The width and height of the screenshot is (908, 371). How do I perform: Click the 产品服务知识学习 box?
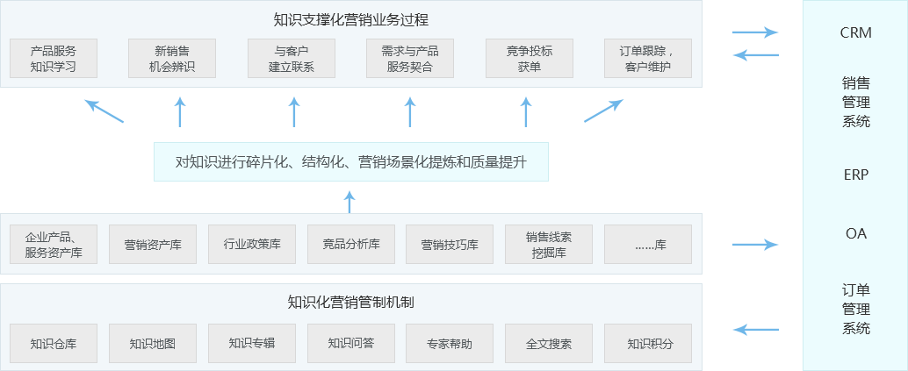[54, 59]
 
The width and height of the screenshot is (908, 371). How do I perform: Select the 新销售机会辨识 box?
[172, 59]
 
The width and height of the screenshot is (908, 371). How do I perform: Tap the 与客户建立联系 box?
[291, 59]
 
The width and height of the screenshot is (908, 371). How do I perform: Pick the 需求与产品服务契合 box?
[409, 59]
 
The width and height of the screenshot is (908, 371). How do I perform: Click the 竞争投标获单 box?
[529, 59]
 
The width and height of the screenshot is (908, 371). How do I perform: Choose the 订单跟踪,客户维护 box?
[648, 59]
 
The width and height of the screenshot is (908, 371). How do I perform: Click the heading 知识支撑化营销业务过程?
[351, 19]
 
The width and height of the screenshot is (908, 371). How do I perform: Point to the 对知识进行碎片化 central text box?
[351, 162]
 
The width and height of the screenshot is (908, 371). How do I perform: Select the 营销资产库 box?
[153, 245]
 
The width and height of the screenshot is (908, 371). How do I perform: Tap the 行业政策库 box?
[252, 245]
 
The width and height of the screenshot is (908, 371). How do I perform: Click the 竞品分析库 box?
[351, 245]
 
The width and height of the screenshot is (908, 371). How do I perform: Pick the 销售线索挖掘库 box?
[549, 245]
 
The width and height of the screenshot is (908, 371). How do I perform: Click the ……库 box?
[648, 245]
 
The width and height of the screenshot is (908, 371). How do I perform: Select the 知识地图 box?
[153, 344]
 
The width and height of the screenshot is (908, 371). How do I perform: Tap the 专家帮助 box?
[450, 344]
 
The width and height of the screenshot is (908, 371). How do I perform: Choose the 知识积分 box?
[648, 344]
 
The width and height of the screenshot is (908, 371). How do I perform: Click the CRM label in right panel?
[855, 32]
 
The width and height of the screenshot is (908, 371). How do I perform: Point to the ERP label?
[855, 175]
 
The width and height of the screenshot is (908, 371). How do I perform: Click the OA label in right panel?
[855, 233]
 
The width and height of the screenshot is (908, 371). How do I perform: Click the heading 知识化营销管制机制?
[351, 303]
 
